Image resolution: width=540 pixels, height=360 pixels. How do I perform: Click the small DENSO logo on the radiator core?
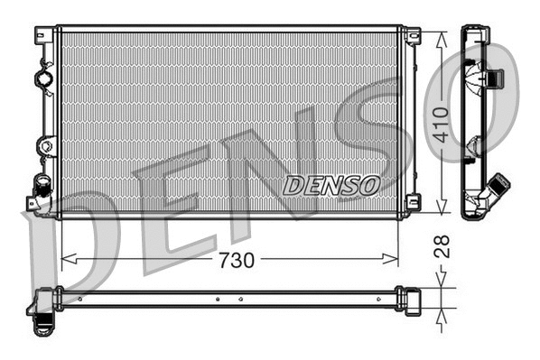pos(331,186)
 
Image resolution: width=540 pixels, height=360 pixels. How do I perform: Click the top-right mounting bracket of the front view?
pos(413,36)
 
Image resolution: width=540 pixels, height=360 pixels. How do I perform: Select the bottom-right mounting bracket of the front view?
pos(413,202)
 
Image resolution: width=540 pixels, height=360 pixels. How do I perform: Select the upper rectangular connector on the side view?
pos(491,78)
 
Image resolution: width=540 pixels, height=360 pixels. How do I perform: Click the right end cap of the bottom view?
pos(412,299)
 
